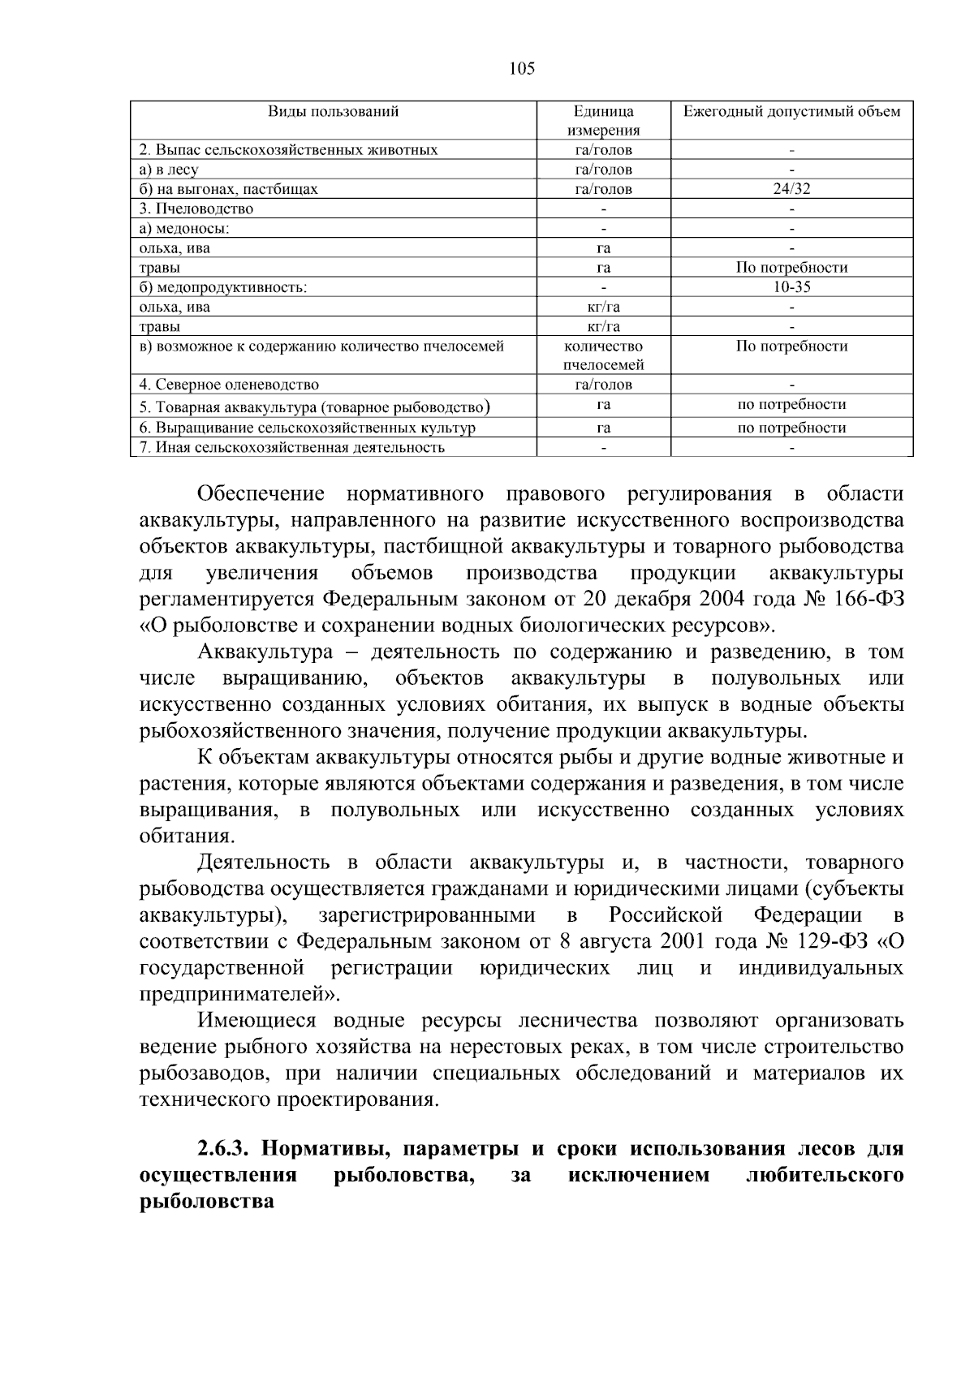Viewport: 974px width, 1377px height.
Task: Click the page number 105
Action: tap(522, 69)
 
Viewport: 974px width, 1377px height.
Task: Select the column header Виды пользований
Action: tap(333, 112)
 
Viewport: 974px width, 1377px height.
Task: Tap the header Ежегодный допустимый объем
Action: tap(791, 112)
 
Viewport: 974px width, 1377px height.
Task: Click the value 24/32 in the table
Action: tap(791, 189)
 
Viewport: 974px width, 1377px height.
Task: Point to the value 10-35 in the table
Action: tap(791, 287)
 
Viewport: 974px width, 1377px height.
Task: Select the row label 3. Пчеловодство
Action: tap(196, 209)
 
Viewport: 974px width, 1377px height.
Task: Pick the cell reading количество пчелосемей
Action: tap(603, 355)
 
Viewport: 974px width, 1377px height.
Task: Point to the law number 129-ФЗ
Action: tap(826, 942)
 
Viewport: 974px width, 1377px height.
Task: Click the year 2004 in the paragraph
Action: tap(722, 600)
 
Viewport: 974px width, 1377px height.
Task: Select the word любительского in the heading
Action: tap(824, 1176)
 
